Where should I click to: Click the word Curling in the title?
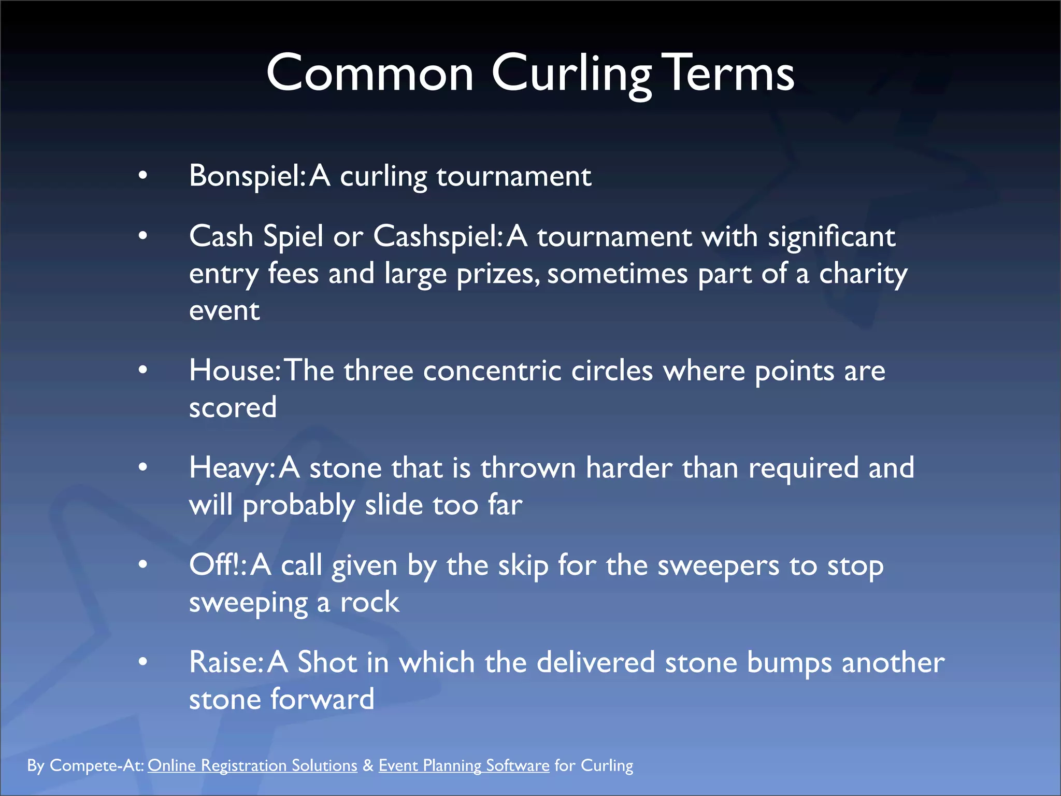(x=571, y=74)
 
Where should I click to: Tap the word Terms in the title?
(x=730, y=74)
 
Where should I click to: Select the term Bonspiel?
(x=246, y=176)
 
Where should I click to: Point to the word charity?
(x=863, y=274)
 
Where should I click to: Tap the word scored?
(x=233, y=408)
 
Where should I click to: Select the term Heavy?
(x=230, y=468)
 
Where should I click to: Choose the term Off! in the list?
(x=216, y=565)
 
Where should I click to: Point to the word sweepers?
(x=718, y=565)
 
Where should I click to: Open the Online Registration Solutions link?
(x=252, y=766)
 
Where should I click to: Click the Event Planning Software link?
(x=464, y=766)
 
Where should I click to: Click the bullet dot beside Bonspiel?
(x=143, y=176)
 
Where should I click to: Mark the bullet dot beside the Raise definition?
(x=143, y=662)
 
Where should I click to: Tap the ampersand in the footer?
(x=368, y=766)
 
